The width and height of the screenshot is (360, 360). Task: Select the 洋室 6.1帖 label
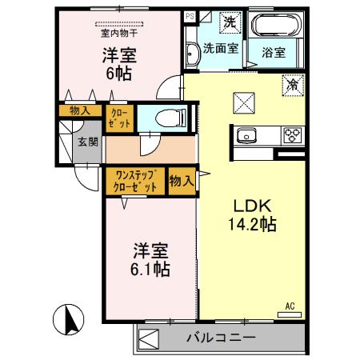tap(150, 258)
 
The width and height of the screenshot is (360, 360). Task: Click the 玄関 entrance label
tap(86, 142)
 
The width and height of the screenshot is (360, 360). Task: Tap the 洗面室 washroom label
tap(218, 48)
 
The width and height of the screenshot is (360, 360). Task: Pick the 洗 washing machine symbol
tap(230, 22)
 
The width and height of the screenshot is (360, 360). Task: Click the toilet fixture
tap(166, 118)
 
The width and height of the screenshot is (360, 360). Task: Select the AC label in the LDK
tap(290, 306)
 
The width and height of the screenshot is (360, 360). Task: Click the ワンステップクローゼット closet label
tap(134, 181)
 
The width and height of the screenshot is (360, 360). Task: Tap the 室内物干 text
tap(119, 33)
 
